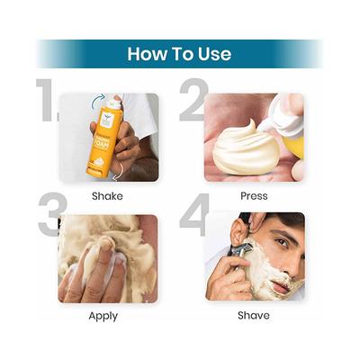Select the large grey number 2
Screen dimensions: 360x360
click(x=193, y=101)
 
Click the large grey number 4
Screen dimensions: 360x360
click(x=192, y=231)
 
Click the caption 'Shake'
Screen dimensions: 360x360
click(x=107, y=195)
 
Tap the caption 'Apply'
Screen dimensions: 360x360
click(x=103, y=316)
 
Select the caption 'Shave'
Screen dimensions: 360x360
click(x=253, y=316)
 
